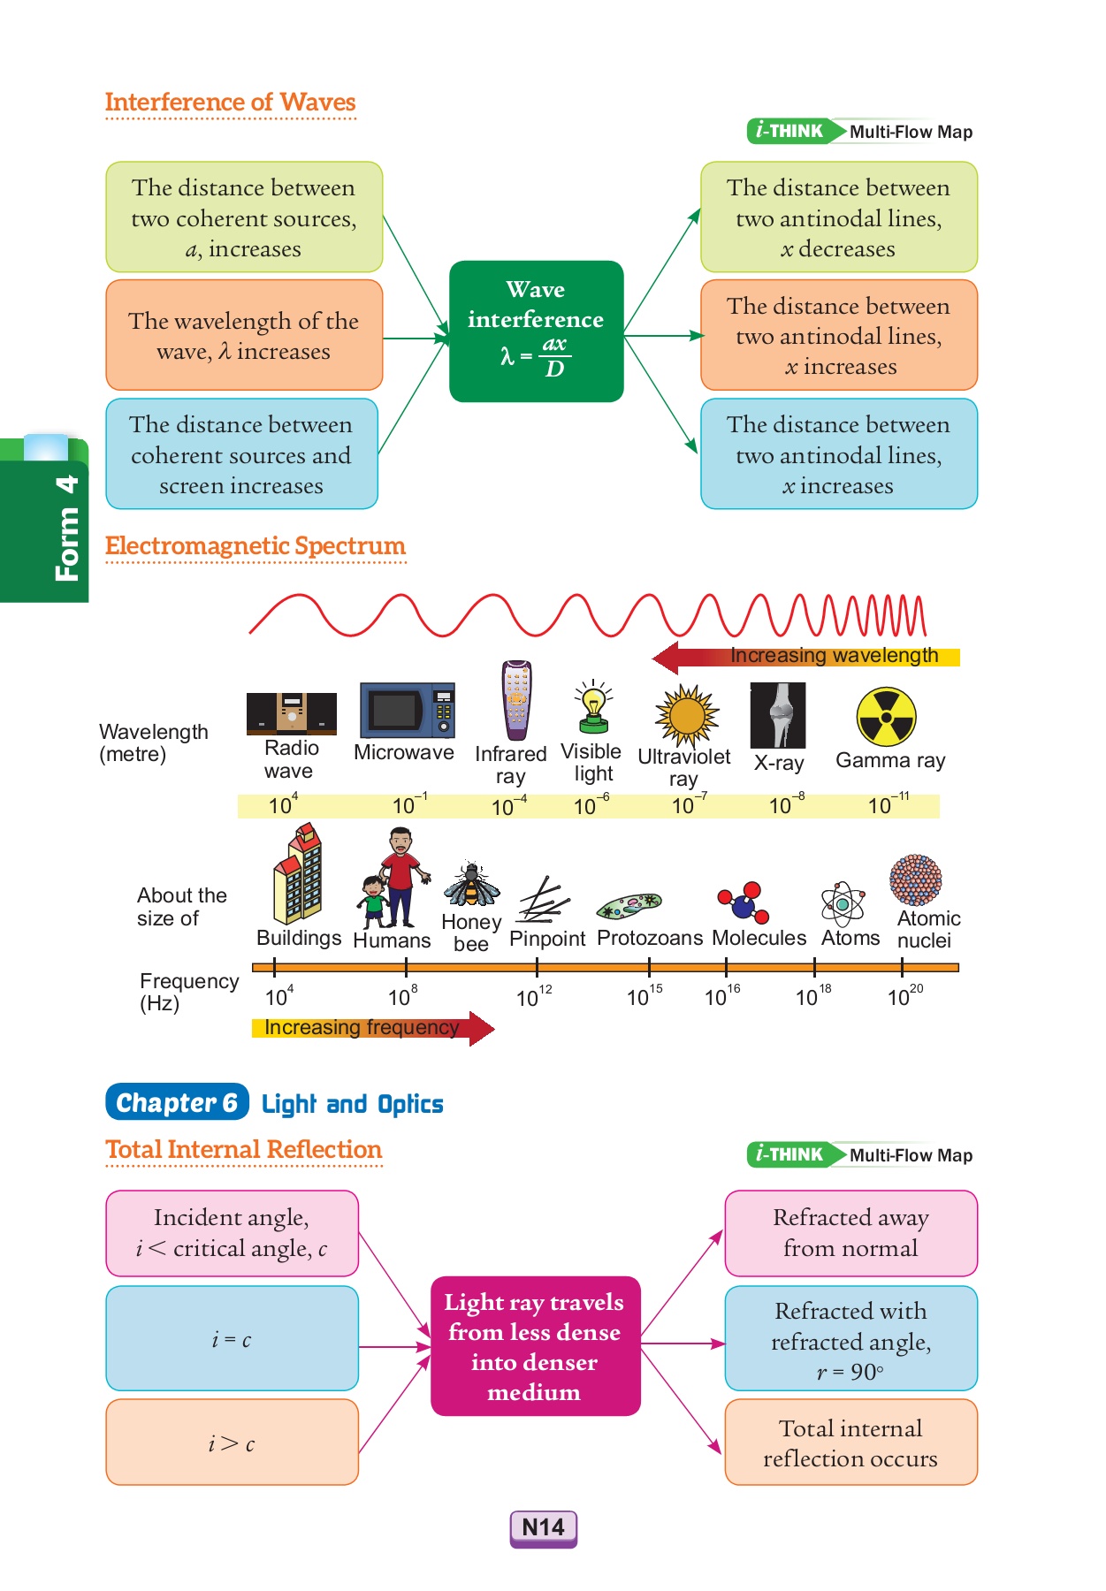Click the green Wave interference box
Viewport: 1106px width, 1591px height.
click(x=536, y=331)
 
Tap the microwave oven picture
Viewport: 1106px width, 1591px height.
click(x=407, y=710)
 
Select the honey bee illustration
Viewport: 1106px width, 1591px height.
click(x=472, y=885)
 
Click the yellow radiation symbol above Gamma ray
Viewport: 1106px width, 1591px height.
click(x=886, y=717)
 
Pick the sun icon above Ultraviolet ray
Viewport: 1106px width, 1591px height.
click(x=686, y=715)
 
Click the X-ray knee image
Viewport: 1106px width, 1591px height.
click(x=778, y=715)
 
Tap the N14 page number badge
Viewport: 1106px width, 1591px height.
click(x=543, y=1527)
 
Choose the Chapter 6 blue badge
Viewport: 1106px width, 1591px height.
click(x=177, y=1102)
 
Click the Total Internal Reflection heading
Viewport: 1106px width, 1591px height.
click(x=243, y=1149)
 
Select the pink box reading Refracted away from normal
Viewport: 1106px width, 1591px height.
click(x=850, y=1233)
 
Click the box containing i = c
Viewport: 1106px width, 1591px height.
click(x=232, y=1338)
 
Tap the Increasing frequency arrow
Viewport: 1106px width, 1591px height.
click(x=371, y=1028)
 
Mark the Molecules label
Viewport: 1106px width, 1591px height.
click(x=759, y=938)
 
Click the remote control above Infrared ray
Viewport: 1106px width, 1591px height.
click(x=516, y=700)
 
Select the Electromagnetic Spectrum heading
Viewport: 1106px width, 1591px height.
click(x=255, y=546)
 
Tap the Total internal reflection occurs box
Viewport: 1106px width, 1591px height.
click(x=850, y=1443)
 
